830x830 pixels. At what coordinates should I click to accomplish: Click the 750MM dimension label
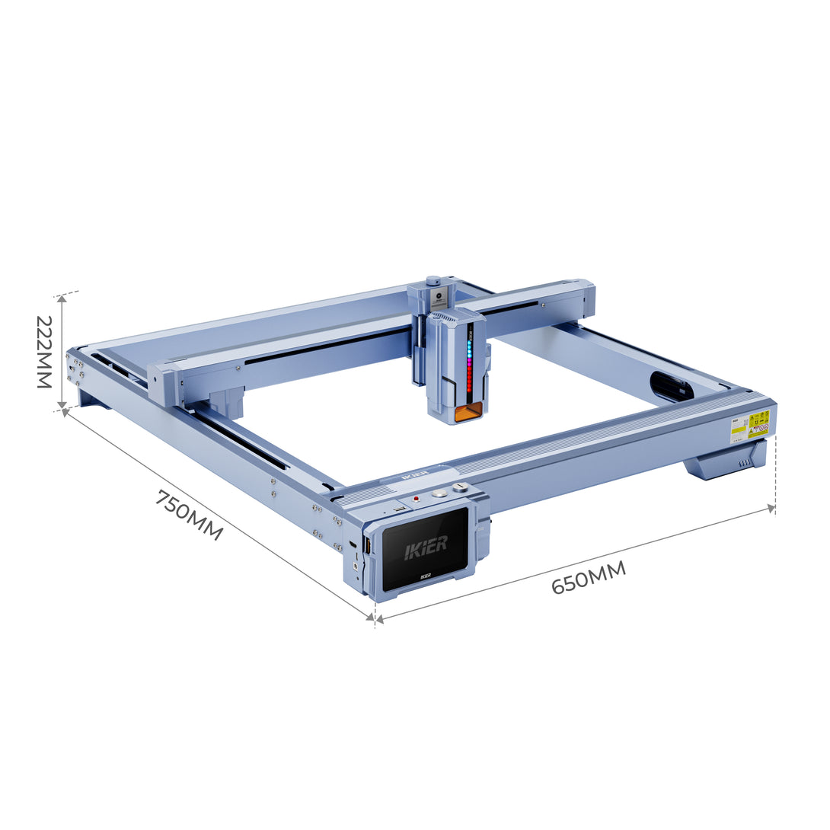coord(189,516)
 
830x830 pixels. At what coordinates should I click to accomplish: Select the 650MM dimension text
coord(588,577)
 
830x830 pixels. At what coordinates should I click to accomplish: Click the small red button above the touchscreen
coord(416,499)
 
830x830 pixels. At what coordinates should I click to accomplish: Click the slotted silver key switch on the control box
coord(458,488)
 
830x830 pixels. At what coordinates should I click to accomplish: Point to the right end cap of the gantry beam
coord(584,298)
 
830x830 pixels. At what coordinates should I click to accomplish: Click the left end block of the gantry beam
coord(163,382)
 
